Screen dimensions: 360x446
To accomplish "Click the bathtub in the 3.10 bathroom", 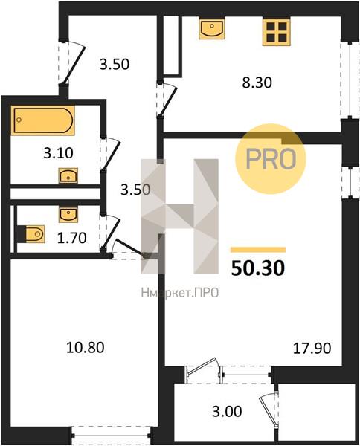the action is (x=43, y=120).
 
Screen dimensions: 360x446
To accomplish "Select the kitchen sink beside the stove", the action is (x=212, y=29).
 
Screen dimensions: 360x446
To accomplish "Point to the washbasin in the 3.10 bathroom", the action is (x=68, y=175).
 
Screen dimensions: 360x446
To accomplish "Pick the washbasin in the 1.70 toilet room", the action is (x=68, y=215).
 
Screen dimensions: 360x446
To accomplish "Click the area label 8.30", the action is (x=257, y=83).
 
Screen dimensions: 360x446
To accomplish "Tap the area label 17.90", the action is (x=312, y=348).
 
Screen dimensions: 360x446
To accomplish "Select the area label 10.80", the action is (x=86, y=347).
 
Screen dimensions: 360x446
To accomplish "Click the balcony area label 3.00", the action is (x=227, y=411).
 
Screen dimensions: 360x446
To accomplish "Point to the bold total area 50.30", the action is (x=258, y=268).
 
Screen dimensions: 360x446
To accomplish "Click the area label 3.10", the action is (x=58, y=153).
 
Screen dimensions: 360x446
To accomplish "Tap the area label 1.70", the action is (x=71, y=238).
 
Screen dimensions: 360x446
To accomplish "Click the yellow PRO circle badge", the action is (x=271, y=159).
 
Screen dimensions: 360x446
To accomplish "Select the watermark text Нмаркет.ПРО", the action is (x=180, y=292).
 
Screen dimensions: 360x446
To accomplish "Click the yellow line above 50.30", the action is (x=258, y=250).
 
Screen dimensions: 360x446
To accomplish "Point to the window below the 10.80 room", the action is (x=111, y=435).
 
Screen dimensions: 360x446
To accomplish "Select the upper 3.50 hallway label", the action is (x=115, y=64).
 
